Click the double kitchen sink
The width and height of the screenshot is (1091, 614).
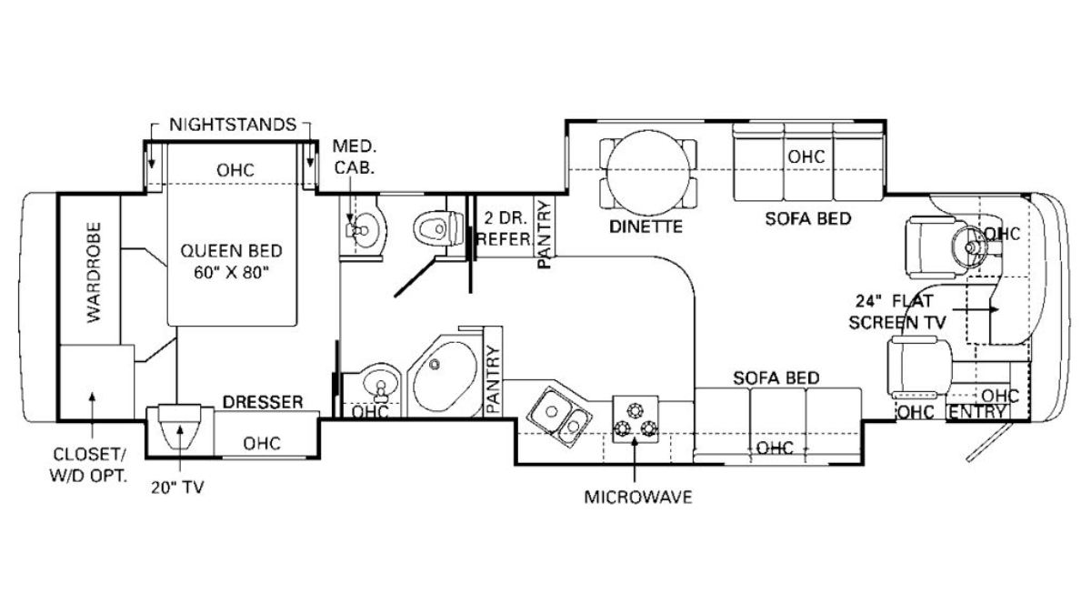point(559,414)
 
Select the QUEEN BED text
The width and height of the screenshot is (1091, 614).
point(231,250)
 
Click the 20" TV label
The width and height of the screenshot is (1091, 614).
point(178,487)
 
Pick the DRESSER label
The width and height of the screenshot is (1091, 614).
point(264,401)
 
